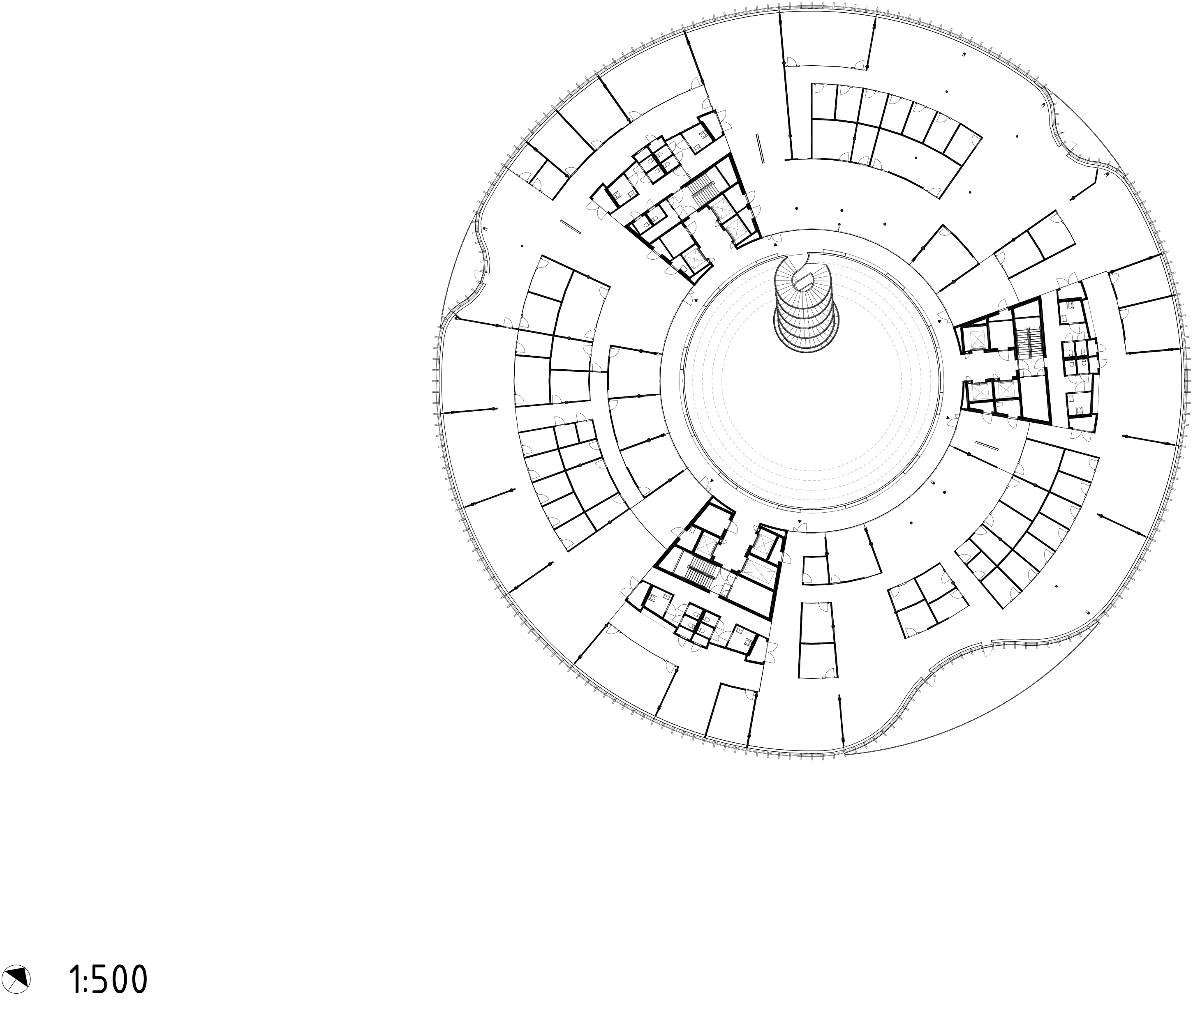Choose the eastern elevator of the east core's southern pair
pyautogui.click(x=1006, y=390)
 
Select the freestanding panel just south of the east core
pyautogui.click(x=988, y=446)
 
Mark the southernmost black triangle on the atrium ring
pyautogui.click(x=798, y=521)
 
